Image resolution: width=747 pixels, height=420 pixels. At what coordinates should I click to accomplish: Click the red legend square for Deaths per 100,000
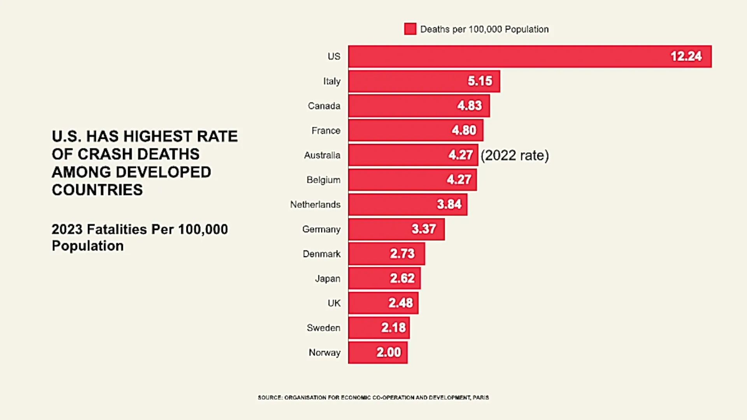(x=410, y=29)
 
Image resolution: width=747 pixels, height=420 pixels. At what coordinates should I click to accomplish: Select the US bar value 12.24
(x=686, y=56)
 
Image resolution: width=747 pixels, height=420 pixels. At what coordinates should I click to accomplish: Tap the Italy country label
(x=331, y=81)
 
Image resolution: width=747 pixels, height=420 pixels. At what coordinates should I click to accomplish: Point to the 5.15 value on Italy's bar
(x=480, y=81)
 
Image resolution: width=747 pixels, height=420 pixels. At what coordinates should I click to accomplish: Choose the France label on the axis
(x=326, y=131)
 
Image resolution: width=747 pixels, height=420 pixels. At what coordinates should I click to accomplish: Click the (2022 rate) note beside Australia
(x=514, y=155)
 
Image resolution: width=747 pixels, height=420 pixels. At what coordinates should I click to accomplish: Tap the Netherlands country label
(x=315, y=205)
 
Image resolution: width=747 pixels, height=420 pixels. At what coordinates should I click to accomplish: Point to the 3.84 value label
(x=449, y=204)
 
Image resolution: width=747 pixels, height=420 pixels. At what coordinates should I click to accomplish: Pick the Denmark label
(x=321, y=254)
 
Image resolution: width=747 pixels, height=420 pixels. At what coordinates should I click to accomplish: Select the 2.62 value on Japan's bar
(x=402, y=278)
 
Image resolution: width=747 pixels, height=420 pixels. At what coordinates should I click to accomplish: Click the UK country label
(x=334, y=303)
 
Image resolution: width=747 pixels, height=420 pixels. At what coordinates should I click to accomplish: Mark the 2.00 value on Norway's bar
(x=388, y=352)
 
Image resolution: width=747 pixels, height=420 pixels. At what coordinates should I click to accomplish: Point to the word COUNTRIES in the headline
(x=97, y=190)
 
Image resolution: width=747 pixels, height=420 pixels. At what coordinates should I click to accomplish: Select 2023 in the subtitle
(x=67, y=229)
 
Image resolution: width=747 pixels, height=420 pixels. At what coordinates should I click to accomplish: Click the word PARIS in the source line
(x=481, y=397)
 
